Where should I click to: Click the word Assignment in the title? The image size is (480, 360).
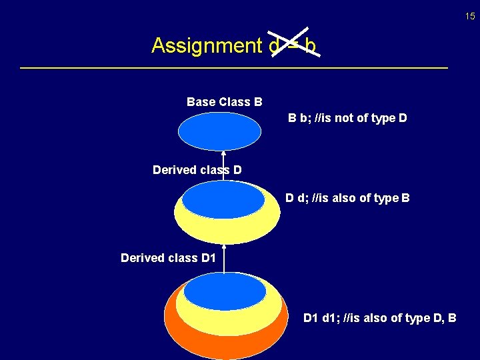[206, 45]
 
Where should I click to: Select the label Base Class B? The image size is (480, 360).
[224, 102]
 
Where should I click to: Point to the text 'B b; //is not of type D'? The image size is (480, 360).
[347, 118]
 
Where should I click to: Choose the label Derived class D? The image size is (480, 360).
[197, 170]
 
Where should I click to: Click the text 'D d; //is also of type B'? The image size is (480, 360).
[347, 198]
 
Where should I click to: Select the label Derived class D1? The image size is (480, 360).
[168, 257]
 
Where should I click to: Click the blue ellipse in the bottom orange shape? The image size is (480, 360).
[225, 292]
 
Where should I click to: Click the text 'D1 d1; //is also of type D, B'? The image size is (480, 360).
[379, 317]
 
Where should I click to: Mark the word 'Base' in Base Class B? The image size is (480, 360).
[199, 102]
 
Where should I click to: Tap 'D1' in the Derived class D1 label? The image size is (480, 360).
[208, 257]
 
